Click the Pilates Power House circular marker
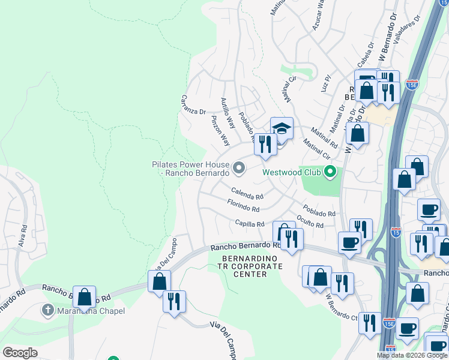pyautogui.click(x=238, y=169)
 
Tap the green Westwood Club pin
pyautogui.click(x=329, y=173)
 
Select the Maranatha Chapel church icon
pyautogui.click(x=47, y=311)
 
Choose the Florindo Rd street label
pyautogui.click(x=243, y=206)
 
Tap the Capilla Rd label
pyautogui.click(x=250, y=224)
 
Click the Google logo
pyautogui.click(x=20, y=353)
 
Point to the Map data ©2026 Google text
pyautogui.click(x=411, y=355)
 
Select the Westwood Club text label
pyautogui.click(x=292, y=173)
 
